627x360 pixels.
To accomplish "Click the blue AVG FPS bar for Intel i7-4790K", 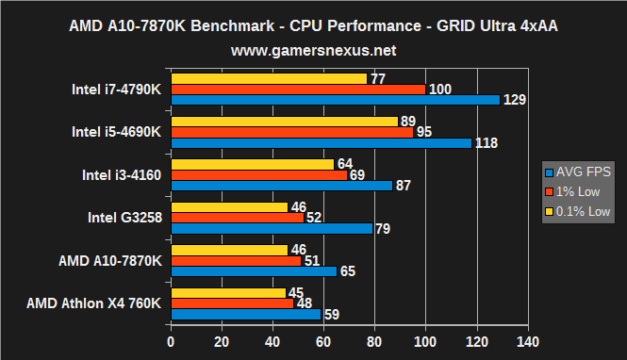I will pos(335,100).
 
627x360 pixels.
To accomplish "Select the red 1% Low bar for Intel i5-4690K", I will pos(291,132).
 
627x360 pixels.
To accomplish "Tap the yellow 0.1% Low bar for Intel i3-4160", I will pos(252,164).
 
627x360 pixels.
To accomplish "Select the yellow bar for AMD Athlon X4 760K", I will pos(228,293).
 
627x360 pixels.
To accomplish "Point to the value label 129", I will pos(515,100).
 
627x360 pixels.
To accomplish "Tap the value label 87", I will pos(404,186).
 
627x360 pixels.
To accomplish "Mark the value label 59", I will pos(332,315).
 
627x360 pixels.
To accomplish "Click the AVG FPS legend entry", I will pos(577,172).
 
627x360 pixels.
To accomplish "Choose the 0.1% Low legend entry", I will pos(577,213).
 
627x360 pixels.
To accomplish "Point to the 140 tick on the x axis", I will pos(528,340).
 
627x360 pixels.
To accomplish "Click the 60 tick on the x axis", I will pos(323,340).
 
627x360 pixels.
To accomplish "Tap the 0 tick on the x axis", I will pos(171,340).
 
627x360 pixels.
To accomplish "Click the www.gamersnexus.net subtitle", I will pos(313,48).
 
